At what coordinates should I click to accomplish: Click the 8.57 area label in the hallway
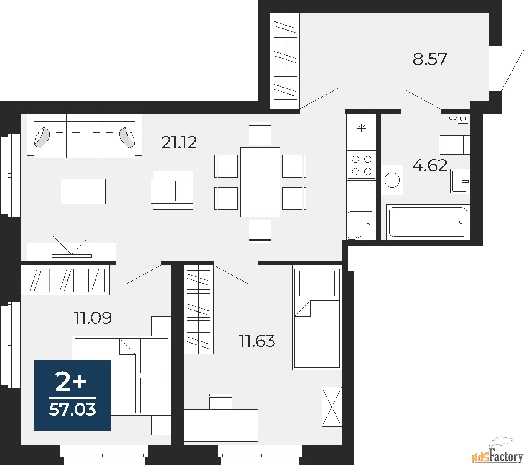pos(430,59)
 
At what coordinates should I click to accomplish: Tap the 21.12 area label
pos(179,143)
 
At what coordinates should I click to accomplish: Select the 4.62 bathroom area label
pos(429,166)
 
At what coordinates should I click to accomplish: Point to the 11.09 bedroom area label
pos(93,318)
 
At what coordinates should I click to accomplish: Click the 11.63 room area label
pos(257,341)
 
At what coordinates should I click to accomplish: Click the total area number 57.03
pos(72,409)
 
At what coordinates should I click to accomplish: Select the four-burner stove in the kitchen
pos(361,165)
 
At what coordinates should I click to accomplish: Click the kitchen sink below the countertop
pos(360,225)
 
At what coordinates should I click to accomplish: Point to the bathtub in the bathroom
pos(428,222)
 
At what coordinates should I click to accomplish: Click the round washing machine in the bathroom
pos(392,180)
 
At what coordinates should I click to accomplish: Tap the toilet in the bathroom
pos(454,145)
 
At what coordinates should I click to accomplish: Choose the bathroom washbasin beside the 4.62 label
pos(461,181)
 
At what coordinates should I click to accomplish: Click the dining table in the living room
pos(260,182)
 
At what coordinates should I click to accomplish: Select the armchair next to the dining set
pos(173,190)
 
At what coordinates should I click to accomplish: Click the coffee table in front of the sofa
pos(83,191)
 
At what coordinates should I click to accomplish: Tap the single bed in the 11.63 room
pos(317,318)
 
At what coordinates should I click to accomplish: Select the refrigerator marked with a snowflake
pos(361,128)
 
